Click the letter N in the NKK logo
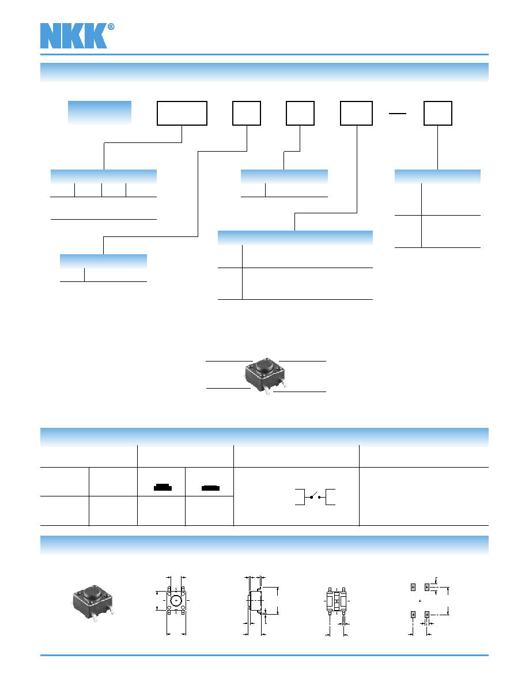(x=51, y=36)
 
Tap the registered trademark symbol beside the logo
(x=111, y=27)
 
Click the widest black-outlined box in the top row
(x=182, y=113)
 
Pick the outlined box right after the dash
(x=438, y=113)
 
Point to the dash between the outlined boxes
(x=398, y=114)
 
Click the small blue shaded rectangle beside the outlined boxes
(x=100, y=113)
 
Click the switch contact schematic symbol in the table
(x=315, y=497)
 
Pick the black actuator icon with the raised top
(x=163, y=488)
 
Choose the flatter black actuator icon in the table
(x=210, y=488)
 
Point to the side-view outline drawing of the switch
(x=255, y=601)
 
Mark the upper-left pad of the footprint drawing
(x=413, y=587)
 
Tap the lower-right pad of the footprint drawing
(x=427, y=615)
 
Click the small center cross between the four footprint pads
(x=420, y=601)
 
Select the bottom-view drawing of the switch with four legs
(x=337, y=601)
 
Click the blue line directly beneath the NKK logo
(x=264, y=55)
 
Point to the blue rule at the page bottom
(x=264, y=655)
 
